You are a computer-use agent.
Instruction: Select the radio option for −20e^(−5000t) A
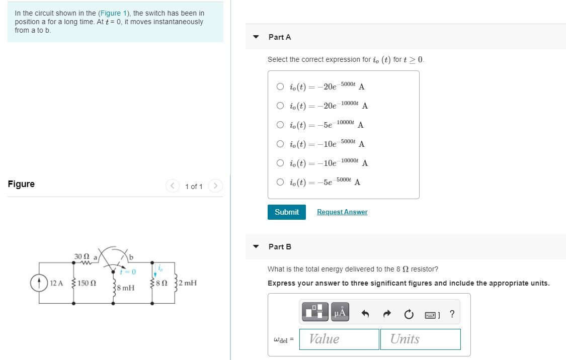(x=280, y=86)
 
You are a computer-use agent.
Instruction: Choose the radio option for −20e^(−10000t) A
(x=280, y=106)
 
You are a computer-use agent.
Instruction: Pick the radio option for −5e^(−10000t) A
(x=280, y=125)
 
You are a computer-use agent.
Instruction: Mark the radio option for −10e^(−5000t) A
(x=280, y=144)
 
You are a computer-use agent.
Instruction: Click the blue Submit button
(x=286, y=212)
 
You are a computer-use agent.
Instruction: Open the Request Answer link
(x=342, y=212)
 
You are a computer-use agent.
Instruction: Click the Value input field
(x=339, y=339)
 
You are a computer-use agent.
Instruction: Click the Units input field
(x=420, y=339)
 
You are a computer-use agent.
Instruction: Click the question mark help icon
(x=452, y=314)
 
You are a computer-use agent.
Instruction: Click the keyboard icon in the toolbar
(x=431, y=315)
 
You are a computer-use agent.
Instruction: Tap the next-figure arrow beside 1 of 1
(x=215, y=187)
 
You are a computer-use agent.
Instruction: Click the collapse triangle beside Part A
(x=256, y=37)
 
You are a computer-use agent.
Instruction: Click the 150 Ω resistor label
(x=87, y=283)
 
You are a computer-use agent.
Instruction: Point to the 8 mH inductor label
(x=125, y=288)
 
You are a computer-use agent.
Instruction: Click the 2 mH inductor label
(x=187, y=283)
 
